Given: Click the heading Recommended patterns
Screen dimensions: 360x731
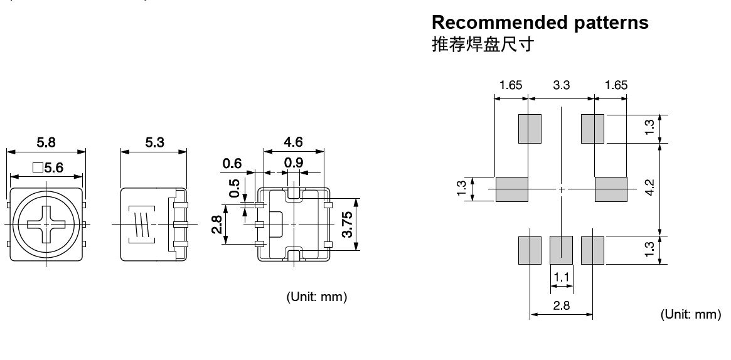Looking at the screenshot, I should coord(540,23).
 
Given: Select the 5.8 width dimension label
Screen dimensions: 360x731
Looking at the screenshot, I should coord(46,143).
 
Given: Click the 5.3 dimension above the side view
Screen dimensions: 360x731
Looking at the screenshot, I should coord(154,143).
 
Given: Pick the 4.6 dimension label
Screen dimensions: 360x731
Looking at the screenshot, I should coord(293,142).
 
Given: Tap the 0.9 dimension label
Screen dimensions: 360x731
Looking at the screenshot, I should coord(294,164).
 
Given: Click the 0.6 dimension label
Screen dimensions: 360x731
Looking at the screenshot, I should coord(232,164).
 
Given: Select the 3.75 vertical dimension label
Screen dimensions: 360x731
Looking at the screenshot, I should coord(347,225).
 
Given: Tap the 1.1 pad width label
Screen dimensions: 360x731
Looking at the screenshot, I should coord(562,276).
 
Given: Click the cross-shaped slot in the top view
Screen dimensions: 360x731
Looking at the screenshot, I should coord(46,224).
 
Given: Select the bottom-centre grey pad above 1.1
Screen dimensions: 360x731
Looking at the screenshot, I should coord(562,250).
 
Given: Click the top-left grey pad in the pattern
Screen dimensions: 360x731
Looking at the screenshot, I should coord(530,129).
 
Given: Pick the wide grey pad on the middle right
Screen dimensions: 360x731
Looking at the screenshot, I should coord(611,189).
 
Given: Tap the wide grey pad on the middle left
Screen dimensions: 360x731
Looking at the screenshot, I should coord(512,189).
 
